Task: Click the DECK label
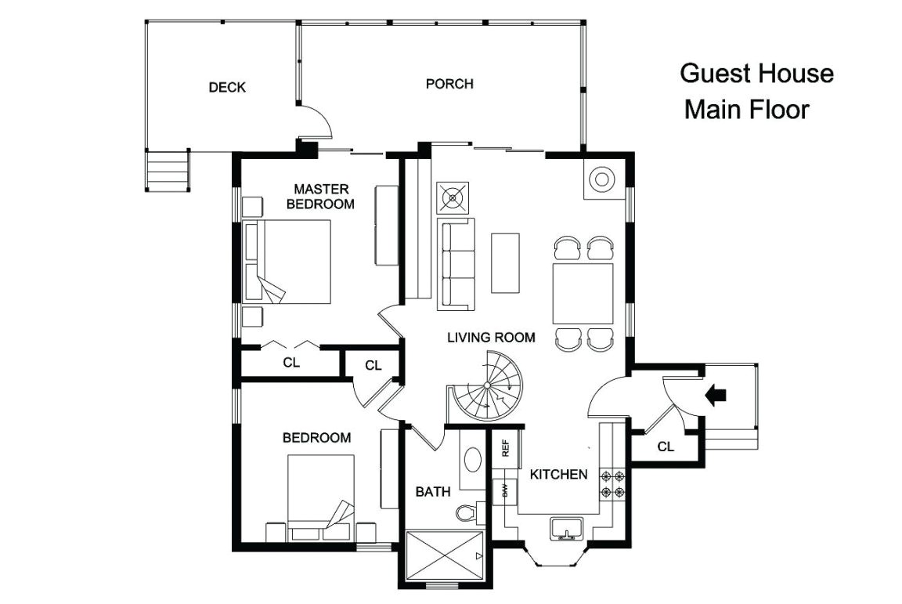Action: tap(227, 87)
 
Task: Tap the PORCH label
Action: tap(449, 83)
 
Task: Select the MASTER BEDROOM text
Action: tap(321, 196)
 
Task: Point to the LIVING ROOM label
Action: tap(491, 338)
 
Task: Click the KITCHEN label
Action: tap(559, 474)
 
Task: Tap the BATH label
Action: tap(432, 492)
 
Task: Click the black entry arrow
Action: tap(715, 395)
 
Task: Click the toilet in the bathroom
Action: tap(467, 512)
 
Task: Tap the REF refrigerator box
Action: tap(506, 448)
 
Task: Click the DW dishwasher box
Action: tap(505, 490)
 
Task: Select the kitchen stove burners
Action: tap(612, 484)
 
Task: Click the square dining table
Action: tap(583, 294)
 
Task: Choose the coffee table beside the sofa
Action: tap(506, 262)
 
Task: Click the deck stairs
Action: tap(168, 171)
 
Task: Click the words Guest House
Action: tap(756, 74)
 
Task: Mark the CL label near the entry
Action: tap(666, 447)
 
